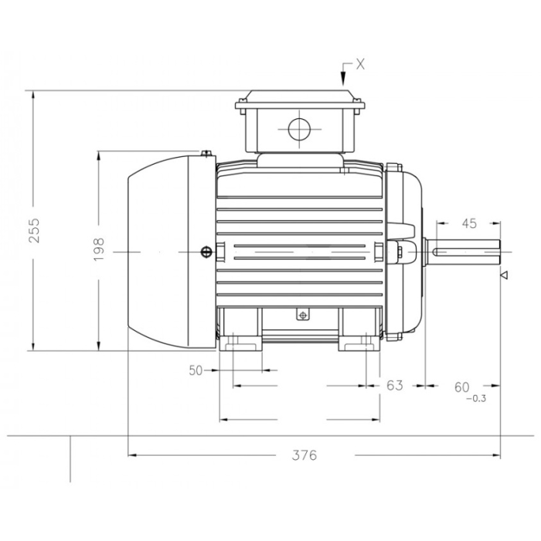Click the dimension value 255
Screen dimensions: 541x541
coord(35,230)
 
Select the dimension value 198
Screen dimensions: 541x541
coord(99,249)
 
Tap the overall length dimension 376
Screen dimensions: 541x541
coord(305,455)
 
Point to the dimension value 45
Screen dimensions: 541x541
coord(469,223)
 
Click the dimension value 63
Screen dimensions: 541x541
coord(395,385)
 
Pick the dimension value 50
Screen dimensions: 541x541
coord(196,370)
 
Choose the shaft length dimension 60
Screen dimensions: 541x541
coord(462,387)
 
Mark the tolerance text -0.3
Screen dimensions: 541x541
coord(476,399)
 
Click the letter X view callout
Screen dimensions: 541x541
coord(360,64)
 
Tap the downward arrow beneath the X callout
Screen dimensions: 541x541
coord(343,74)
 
